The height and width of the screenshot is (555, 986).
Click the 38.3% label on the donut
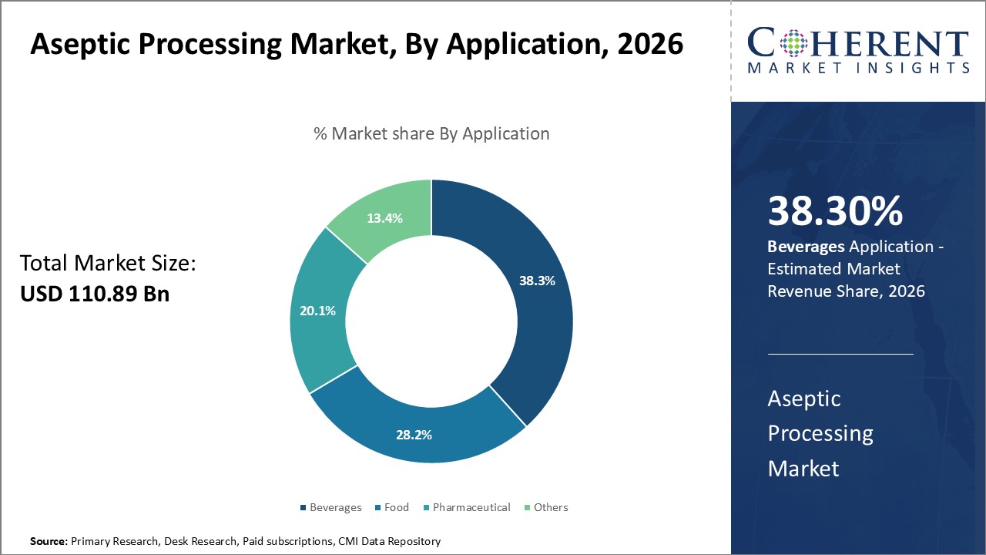coord(537,281)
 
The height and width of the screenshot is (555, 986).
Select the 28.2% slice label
coord(414,435)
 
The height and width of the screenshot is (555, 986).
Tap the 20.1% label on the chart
coord(317,311)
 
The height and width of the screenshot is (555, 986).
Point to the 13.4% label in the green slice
coord(384,218)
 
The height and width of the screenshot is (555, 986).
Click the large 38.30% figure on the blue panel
coord(835,212)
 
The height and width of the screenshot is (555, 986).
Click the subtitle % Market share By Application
coord(431,133)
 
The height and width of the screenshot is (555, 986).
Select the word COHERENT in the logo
coord(857,42)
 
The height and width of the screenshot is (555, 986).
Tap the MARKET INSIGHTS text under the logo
coord(857,69)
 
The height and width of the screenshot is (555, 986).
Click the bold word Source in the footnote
coord(48,541)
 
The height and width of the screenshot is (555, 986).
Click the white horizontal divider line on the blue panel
coord(840,354)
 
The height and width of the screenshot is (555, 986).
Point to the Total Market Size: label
coord(109,264)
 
